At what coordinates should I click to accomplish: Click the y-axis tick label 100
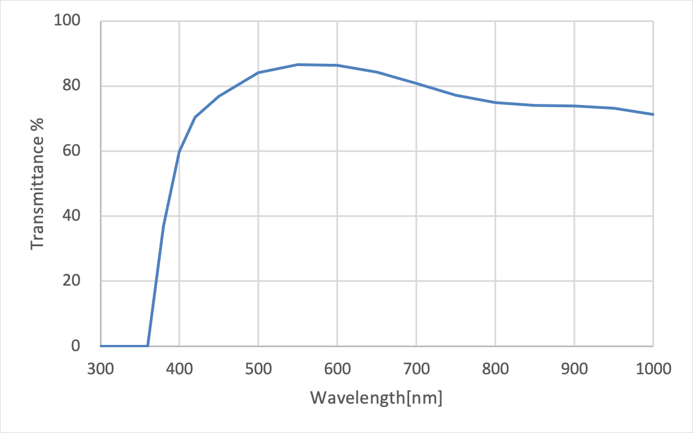pyautogui.click(x=68, y=21)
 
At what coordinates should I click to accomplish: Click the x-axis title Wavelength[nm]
pyautogui.click(x=376, y=398)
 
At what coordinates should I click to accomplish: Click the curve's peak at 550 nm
pyautogui.click(x=298, y=64)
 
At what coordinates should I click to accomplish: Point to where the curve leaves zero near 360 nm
pyautogui.click(x=148, y=345)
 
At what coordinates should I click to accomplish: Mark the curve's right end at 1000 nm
pyautogui.click(x=653, y=115)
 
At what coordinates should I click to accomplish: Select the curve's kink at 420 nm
pyautogui.click(x=195, y=117)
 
